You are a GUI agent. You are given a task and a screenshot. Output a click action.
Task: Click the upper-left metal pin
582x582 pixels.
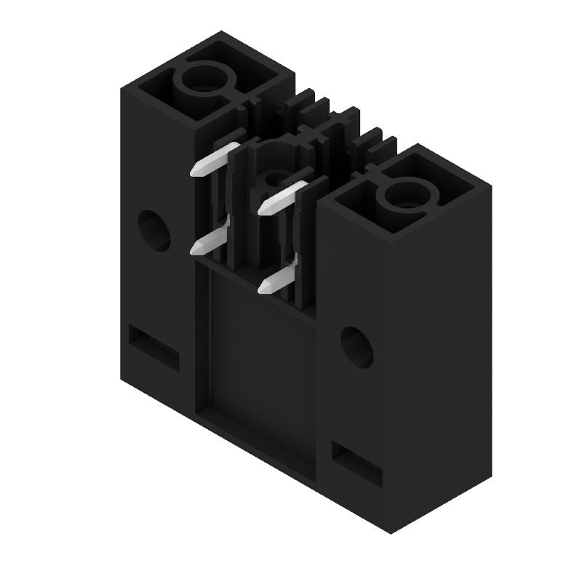coord(215,159)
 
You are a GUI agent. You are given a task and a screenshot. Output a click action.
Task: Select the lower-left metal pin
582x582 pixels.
coord(210,240)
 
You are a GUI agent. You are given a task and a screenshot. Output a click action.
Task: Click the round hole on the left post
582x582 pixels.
coord(154,231)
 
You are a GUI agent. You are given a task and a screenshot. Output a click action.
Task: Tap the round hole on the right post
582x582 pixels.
coord(356,347)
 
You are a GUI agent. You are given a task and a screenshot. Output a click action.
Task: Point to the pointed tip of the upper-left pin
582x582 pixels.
coord(194,173)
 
